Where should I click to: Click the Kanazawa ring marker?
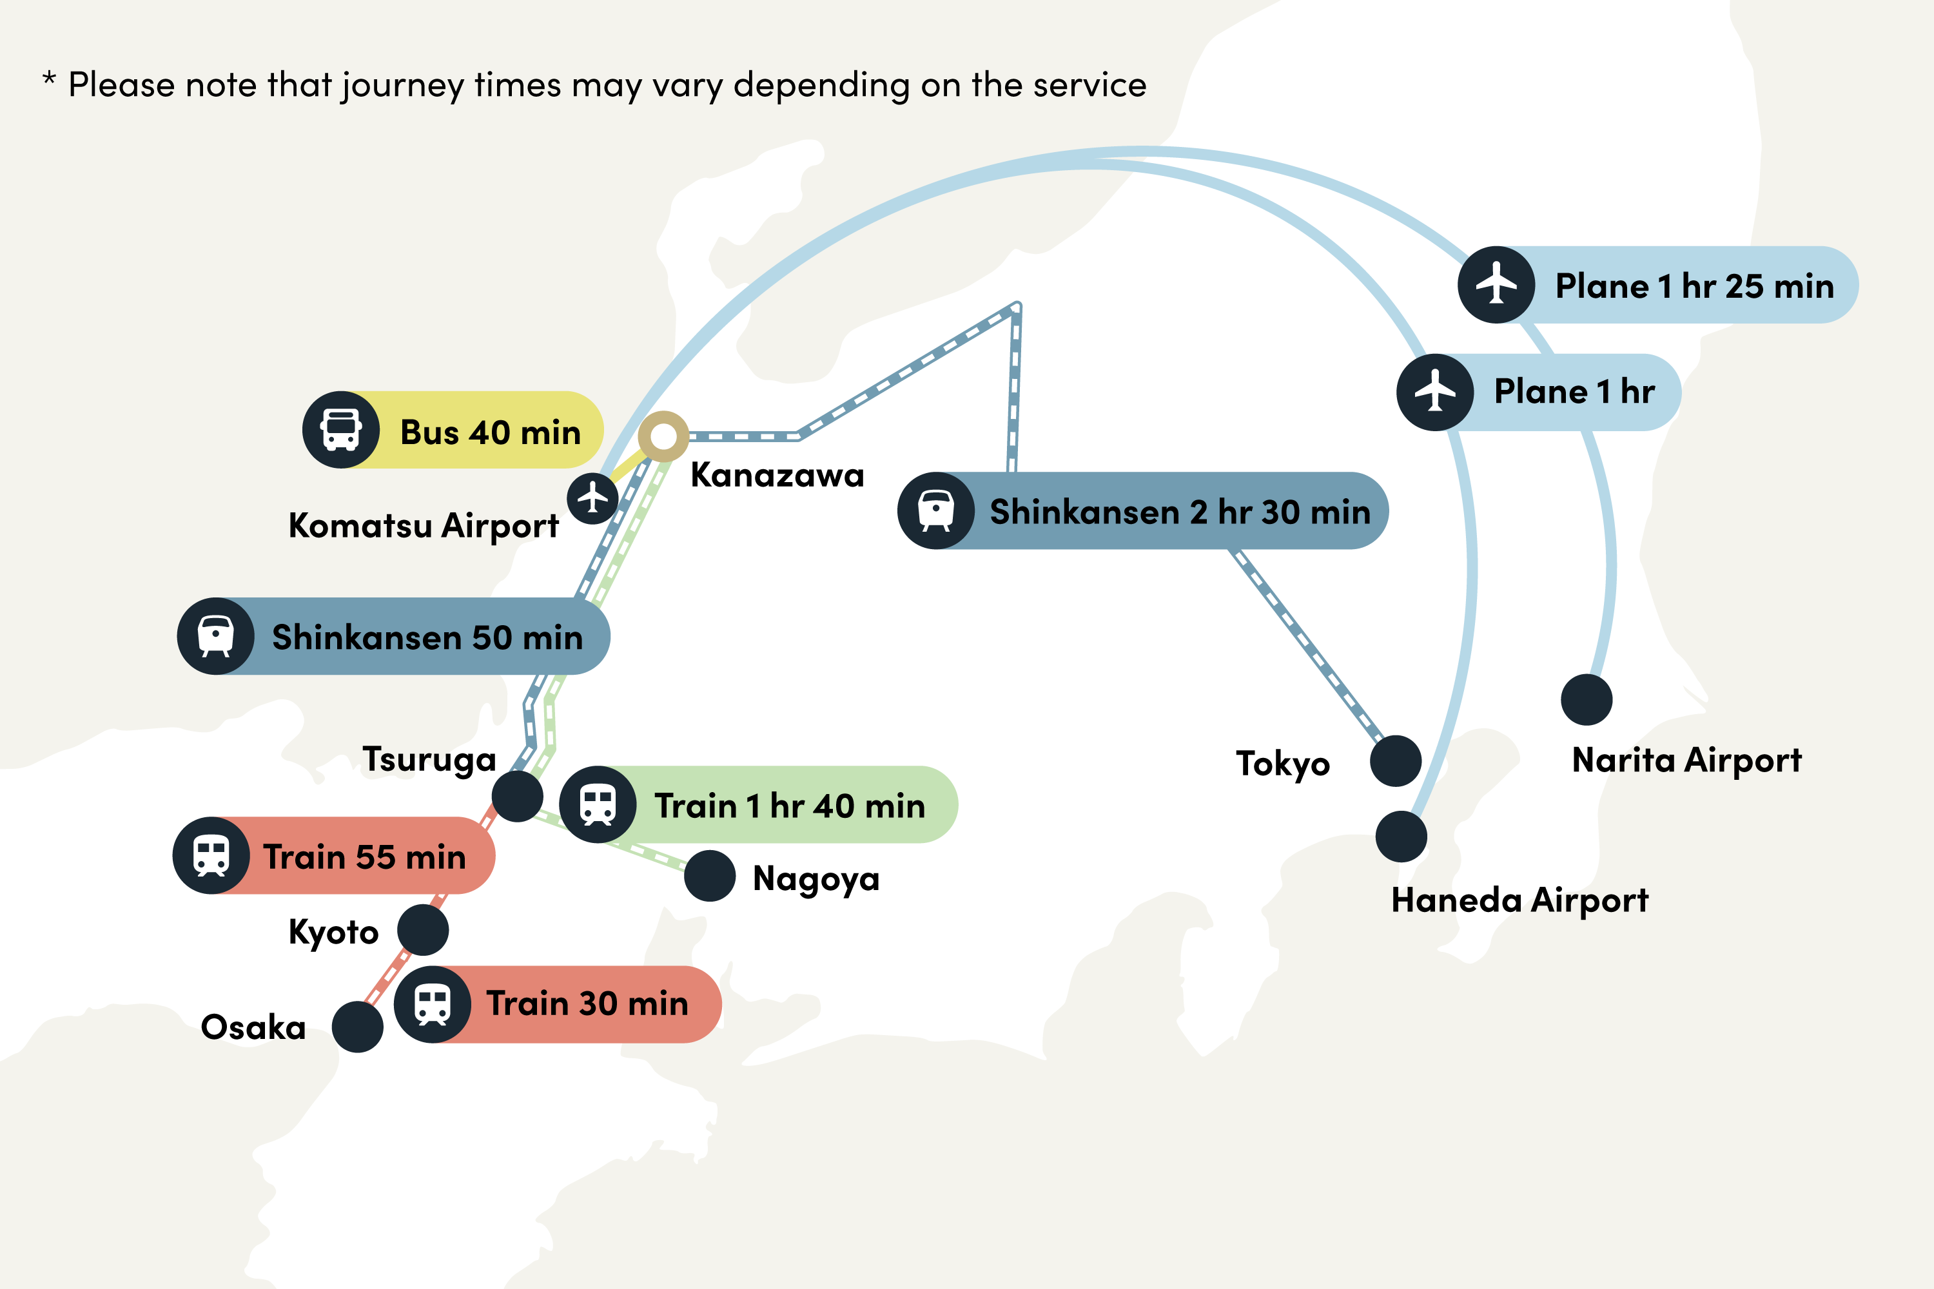(x=663, y=436)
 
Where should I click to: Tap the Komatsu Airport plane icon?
(x=592, y=498)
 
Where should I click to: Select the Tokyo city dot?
(x=1396, y=761)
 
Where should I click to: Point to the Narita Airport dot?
(x=1586, y=699)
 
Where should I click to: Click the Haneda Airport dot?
(x=1401, y=837)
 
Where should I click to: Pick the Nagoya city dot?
(x=710, y=877)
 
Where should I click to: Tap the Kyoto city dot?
(x=423, y=930)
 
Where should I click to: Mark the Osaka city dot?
(x=358, y=1027)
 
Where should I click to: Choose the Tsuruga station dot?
(x=517, y=796)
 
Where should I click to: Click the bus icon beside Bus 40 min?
(x=341, y=430)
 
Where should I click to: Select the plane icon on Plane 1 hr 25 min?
(x=1496, y=284)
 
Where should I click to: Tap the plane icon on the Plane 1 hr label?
(x=1435, y=392)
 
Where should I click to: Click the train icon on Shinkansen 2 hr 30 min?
(x=936, y=510)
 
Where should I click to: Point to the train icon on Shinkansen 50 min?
(x=215, y=636)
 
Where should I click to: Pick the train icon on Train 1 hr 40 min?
(x=598, y=805)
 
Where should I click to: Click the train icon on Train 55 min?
(x=211, y=856)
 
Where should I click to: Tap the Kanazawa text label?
(x=777, y=475)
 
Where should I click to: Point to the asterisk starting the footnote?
(x=50, y=80)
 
